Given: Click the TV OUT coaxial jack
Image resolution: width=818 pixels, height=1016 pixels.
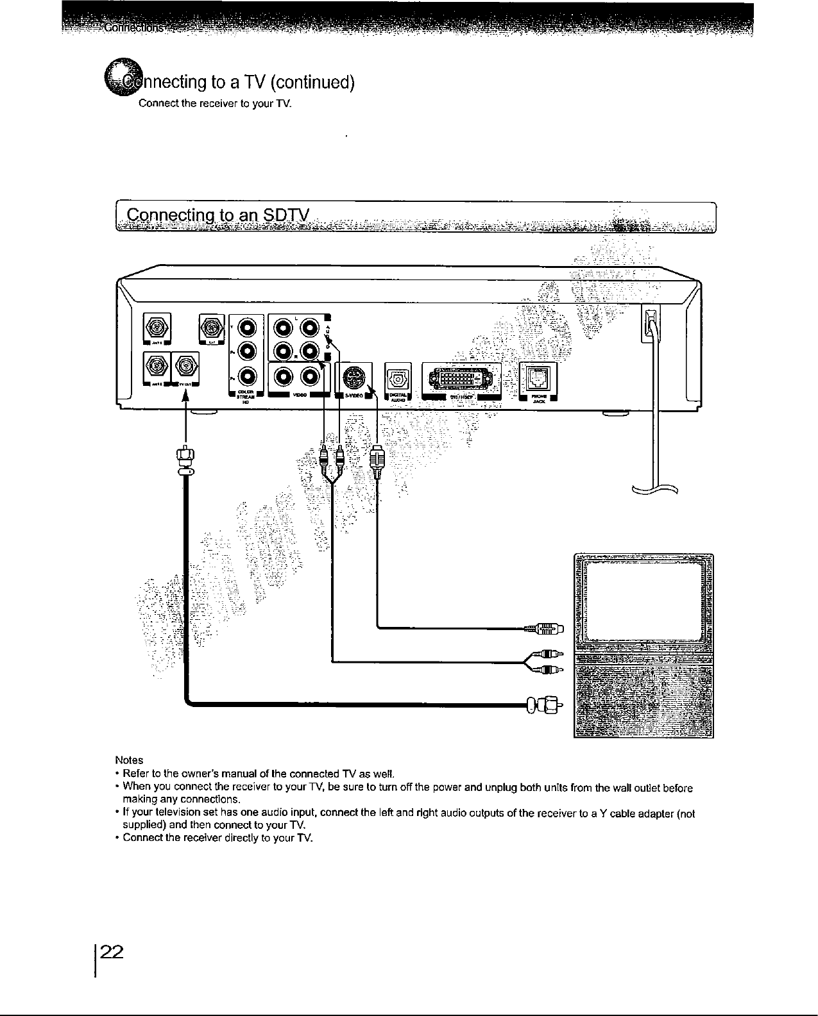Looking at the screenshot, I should point(185,368).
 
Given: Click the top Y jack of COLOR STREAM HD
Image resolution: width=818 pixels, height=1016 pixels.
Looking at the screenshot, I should point(248,328).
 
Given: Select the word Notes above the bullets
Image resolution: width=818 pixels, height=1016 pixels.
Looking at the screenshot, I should point(128,760).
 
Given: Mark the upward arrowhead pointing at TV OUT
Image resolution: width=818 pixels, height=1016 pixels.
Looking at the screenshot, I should point(186,394).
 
